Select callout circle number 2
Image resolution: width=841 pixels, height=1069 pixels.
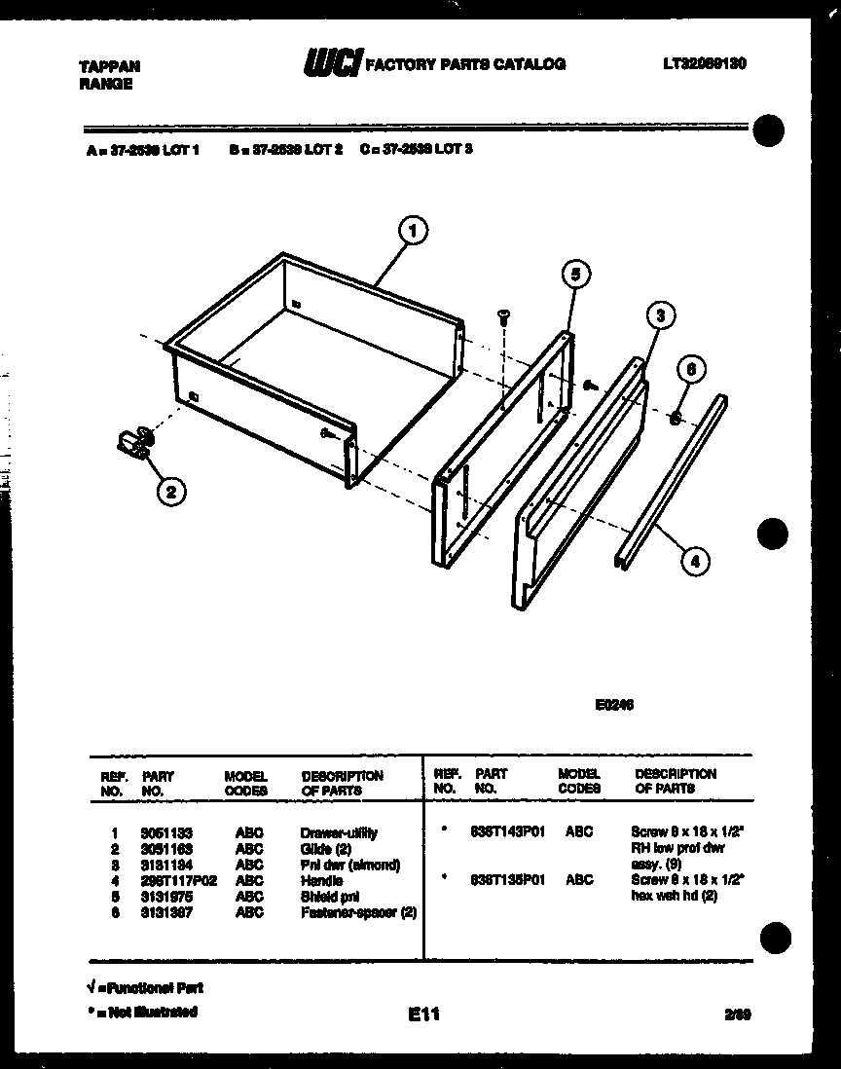170,493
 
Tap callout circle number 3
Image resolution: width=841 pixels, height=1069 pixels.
660,315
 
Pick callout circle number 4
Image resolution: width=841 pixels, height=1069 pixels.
694,560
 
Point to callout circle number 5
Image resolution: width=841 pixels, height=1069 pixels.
574,276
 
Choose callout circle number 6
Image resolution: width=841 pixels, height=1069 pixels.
690,371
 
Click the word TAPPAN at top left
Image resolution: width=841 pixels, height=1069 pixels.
108,66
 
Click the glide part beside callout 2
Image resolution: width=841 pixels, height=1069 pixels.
132,443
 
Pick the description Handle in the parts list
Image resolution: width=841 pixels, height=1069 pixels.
322,880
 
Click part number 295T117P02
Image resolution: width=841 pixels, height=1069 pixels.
178,880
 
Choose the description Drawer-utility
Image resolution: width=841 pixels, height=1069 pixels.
339,833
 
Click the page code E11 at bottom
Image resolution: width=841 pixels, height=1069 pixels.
424,1014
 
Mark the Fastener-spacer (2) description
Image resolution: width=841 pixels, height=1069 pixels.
359,912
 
